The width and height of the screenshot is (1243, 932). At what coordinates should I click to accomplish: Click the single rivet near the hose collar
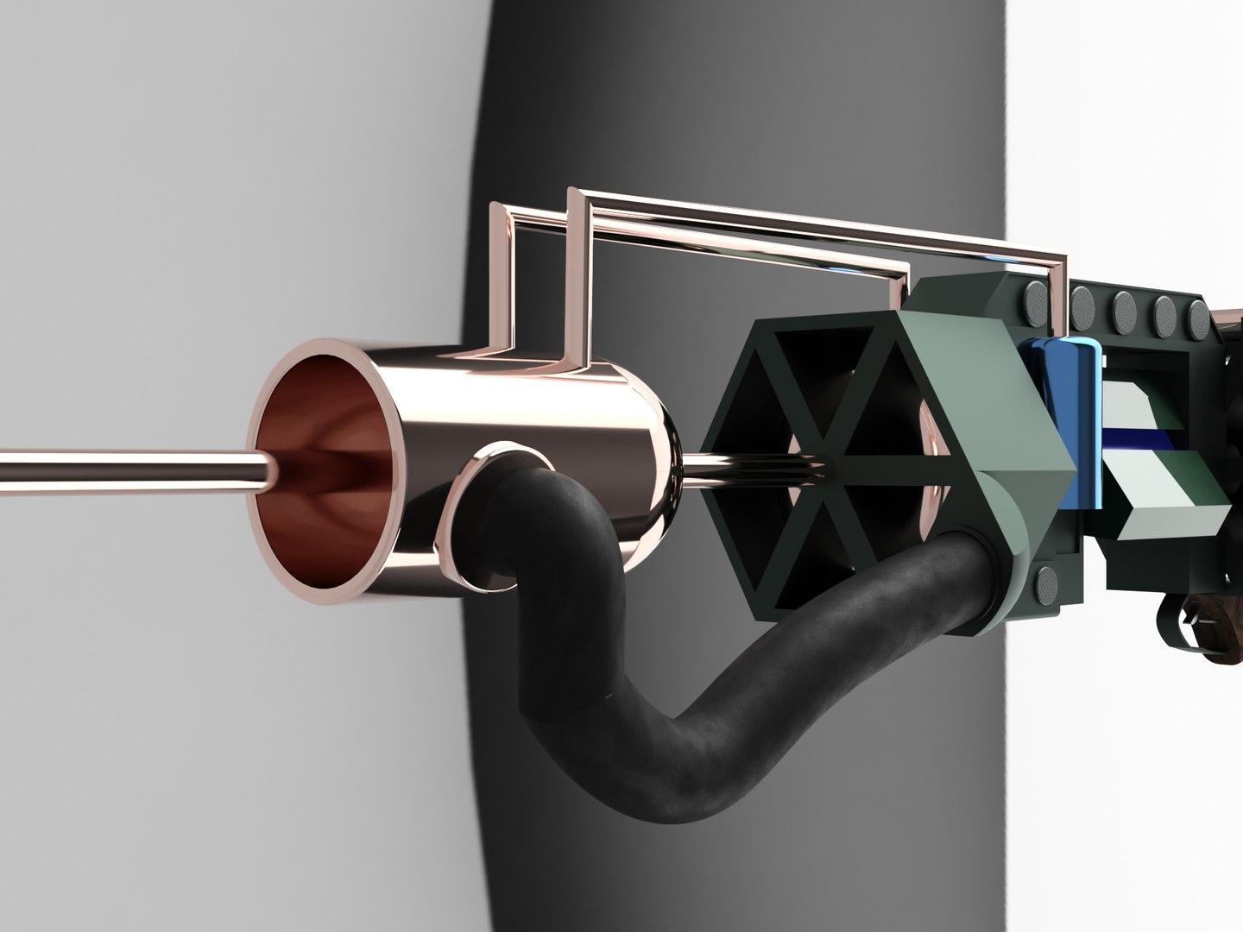pyautogui.click(x=1046, y=585)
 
